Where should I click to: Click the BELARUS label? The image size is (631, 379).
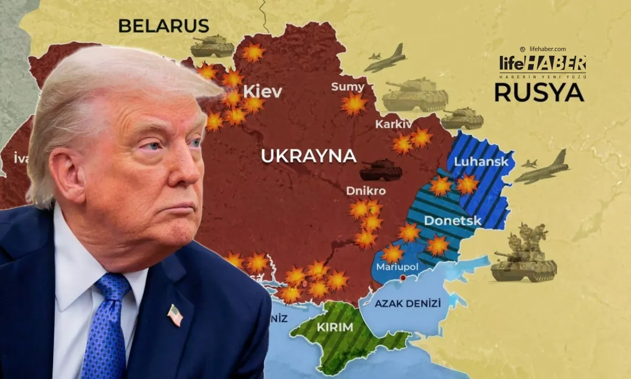tap(164, 26)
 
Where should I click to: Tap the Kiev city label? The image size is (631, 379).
tap(262, 92)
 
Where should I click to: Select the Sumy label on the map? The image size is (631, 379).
tap(348, 87)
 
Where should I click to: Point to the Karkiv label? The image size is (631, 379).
tap(393, 124)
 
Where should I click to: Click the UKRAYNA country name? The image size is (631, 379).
tap(309, 156)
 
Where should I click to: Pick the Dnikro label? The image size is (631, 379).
tap(366, 191)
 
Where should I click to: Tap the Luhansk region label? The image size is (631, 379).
tap(481, 162)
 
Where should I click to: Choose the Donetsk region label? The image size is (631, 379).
tap(452, 221)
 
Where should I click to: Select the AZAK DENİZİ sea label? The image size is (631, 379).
tap(408, 303)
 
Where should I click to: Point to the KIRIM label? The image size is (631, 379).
tap(335, 327)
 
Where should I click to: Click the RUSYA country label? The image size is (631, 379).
tap(539, 93)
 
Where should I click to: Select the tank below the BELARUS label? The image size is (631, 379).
tap(212, 47)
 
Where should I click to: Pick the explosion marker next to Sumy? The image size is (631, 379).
tap(353, 104)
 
